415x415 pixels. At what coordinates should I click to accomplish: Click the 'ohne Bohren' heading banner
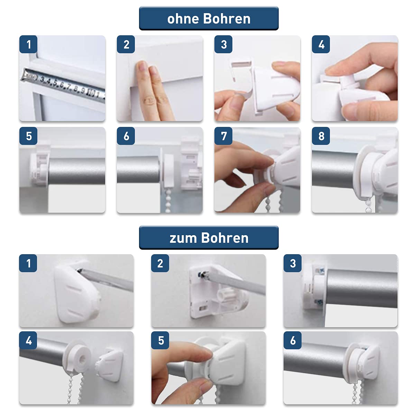click(x=209, y=18)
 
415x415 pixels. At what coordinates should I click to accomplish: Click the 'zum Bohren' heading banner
click(x=209, y=238)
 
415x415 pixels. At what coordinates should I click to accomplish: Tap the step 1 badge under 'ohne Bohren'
click(x=28, y=44)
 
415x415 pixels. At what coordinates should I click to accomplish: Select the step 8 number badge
click(x=321, y=136)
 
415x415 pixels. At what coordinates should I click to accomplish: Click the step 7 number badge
click(x=223, y=136)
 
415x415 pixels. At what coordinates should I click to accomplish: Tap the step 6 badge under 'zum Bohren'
click(x=293, y=340)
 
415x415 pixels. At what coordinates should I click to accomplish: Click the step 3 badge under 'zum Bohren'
click(x=293, y=263)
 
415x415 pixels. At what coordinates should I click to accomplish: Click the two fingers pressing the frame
click(x=153, y=91)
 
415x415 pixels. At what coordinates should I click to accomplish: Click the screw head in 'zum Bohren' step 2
click(x=202, y=275)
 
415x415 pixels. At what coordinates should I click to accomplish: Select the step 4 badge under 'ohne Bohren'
click(x=321, y=44)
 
